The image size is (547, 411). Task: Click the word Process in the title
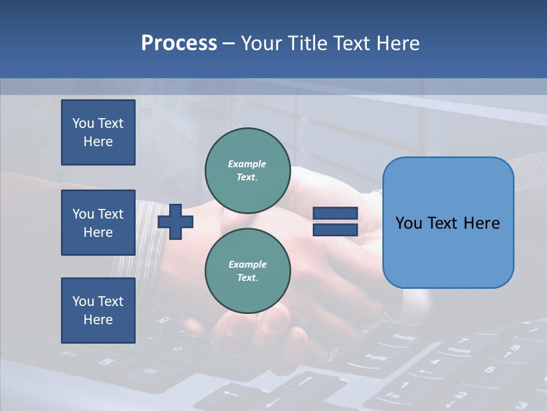coord(179,43)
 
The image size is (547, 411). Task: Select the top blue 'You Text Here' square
coord(98,132)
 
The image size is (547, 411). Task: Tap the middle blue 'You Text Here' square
coord(98,223)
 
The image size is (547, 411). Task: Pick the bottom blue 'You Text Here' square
coord(98,311)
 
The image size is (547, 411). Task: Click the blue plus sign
coord(175,221)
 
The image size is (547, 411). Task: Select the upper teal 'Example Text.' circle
coord(248,171)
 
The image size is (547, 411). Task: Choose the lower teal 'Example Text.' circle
coord(248,271)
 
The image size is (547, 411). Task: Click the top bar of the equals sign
coord(335,213)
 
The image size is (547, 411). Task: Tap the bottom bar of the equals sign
coord(335,229)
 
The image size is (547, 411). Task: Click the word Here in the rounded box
coord(480,223)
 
